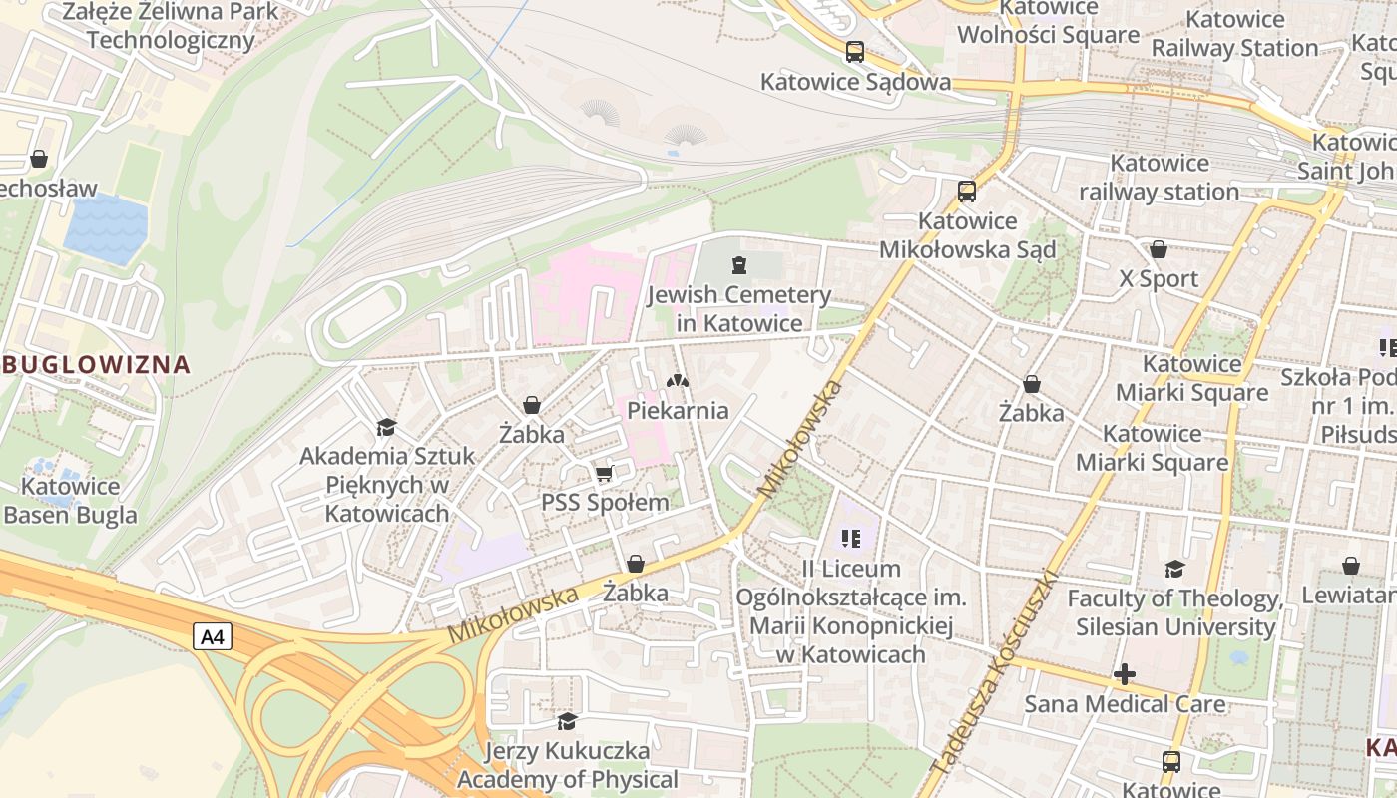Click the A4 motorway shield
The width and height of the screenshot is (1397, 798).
click(x=212, y=637)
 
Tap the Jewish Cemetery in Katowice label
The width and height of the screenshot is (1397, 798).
click(x=738, y=309)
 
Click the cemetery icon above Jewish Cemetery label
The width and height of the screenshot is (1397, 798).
click(x=738, y=265)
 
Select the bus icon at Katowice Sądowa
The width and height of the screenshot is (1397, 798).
click(x=854, y=52)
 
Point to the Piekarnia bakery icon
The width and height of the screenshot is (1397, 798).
click(x=678, y=381)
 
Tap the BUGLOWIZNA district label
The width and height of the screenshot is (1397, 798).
click(x=95, y=364)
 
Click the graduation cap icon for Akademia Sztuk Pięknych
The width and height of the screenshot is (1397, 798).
click(x=386, y=428)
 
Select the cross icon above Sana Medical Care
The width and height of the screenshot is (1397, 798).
click(x=1125, y=674)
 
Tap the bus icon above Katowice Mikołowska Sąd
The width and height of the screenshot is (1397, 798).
click(x=966, y=191)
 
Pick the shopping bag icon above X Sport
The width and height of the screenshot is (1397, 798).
click(x=1159, y=249)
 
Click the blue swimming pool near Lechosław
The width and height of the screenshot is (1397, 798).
click(x=106, y=229)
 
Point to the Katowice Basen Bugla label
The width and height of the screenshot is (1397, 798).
click(x=70, y=501)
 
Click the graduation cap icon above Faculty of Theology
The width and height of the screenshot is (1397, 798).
click(x=1175, y=570)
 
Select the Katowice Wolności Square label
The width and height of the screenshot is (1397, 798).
click(x=1048, y=22)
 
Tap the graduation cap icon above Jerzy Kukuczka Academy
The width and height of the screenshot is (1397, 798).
click(x=567, y=720)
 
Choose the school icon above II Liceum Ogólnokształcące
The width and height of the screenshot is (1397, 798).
click(x=851, y=539)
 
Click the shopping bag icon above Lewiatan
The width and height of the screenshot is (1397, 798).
click(x=1350, y=566)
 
